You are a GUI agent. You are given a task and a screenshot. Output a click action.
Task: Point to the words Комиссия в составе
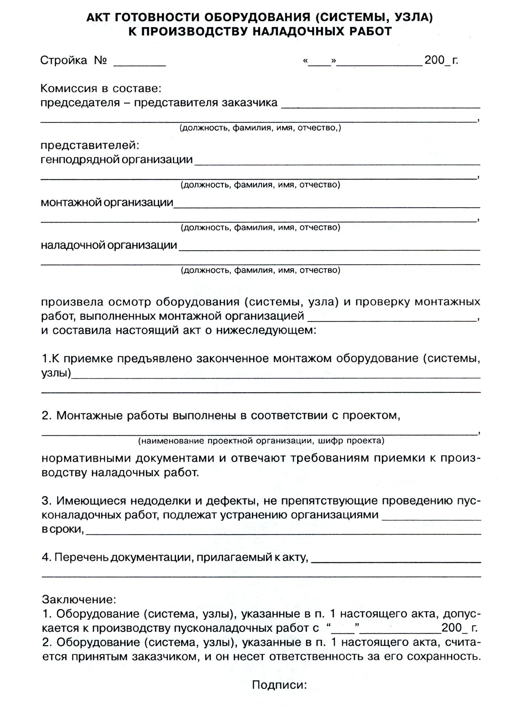101,89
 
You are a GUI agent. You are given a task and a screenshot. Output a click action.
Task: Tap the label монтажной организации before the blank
107,203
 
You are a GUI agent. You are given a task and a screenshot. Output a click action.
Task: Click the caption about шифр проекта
261,441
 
